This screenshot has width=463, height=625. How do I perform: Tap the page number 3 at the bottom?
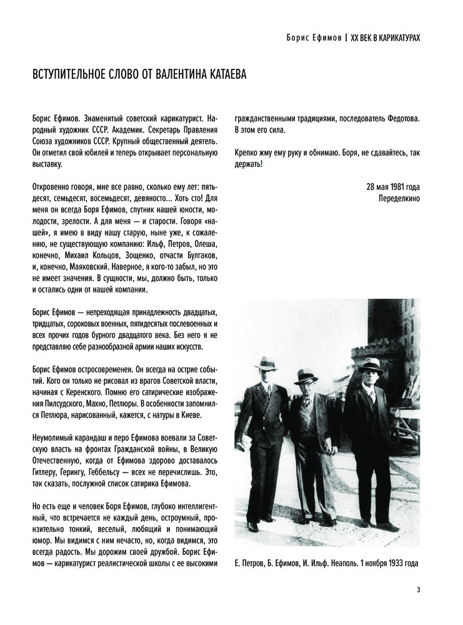tap(418, 589)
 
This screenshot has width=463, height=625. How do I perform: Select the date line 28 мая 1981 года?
tap(393, 186)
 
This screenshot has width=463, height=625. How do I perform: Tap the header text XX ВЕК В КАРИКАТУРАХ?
tap(385, 37)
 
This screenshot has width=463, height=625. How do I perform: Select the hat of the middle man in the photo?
tap(306, 375)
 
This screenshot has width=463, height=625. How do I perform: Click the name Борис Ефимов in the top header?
tap(310, 37)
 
